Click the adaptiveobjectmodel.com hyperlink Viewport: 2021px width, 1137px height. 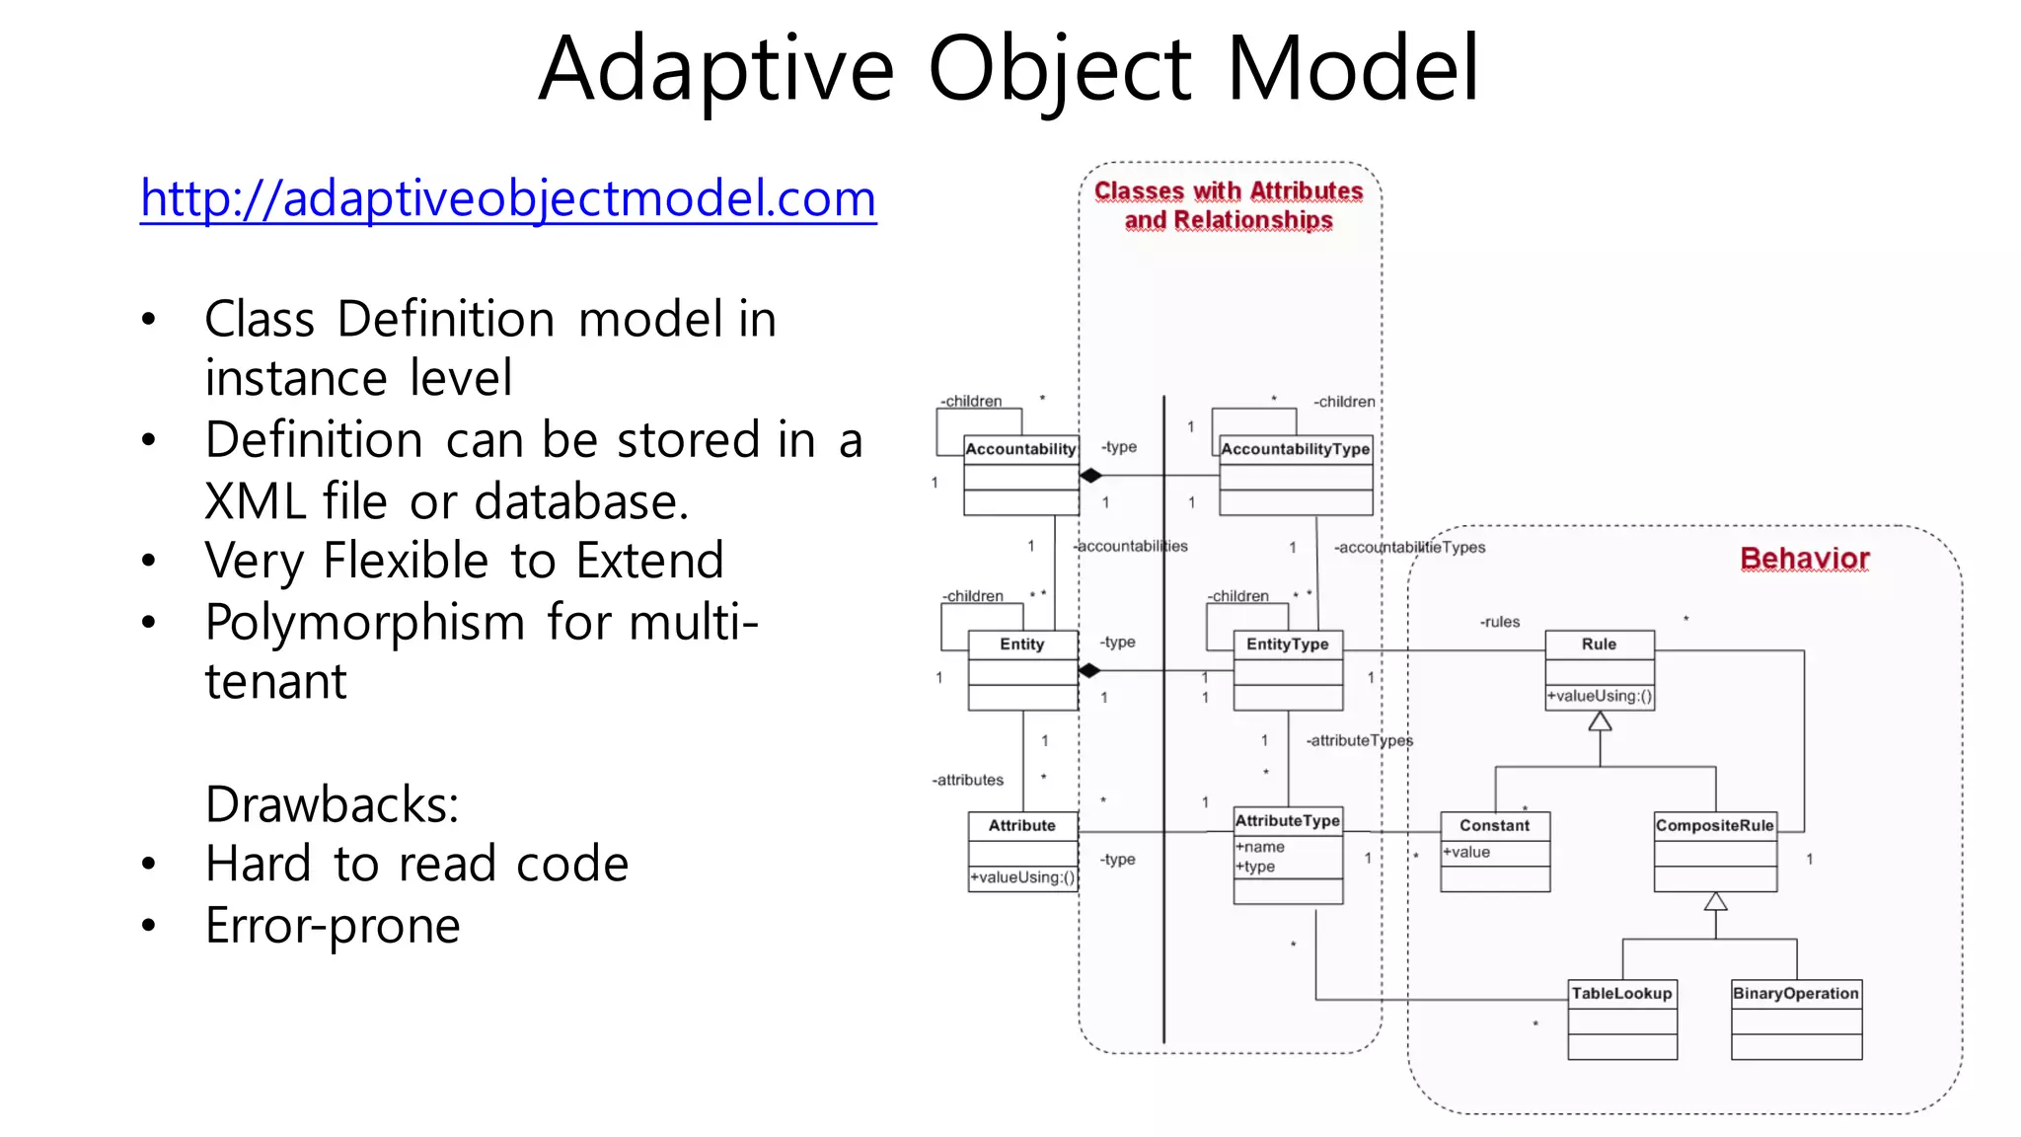click(x=508, y=198)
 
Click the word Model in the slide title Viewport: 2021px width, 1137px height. click(x=1352, y=69)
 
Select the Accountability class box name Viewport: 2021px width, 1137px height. click(x=1020, y=449)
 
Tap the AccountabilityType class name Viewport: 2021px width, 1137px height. click(x=1295, y=449)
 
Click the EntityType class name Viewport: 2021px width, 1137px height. click(x=1287, y=644)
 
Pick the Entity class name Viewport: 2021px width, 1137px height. click(x=1021, y=644)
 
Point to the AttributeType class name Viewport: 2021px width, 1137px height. click(x=1287, y=821)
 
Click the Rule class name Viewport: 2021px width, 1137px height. click(x=1599, y=644)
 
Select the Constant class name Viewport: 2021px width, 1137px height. click(x=1494, y=826)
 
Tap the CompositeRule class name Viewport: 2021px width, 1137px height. click(x=1714, y=826)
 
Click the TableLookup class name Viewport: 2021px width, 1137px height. click(x=1621, y=994)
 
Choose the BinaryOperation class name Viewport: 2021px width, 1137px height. click(x=1795, y=994)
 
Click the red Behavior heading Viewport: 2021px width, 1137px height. click(x=1804, y=559)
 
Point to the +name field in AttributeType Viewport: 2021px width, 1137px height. click(x=1260, y=847)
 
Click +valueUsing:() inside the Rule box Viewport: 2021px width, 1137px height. click(x=1599, y=697)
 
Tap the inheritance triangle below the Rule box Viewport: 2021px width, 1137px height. click(x=1600, y=721)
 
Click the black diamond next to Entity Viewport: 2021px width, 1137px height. click(x=1089, y=671)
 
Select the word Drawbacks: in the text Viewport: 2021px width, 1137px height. click(x=332, y=804)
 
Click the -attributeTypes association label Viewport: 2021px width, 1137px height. click(x=1359, y=741)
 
